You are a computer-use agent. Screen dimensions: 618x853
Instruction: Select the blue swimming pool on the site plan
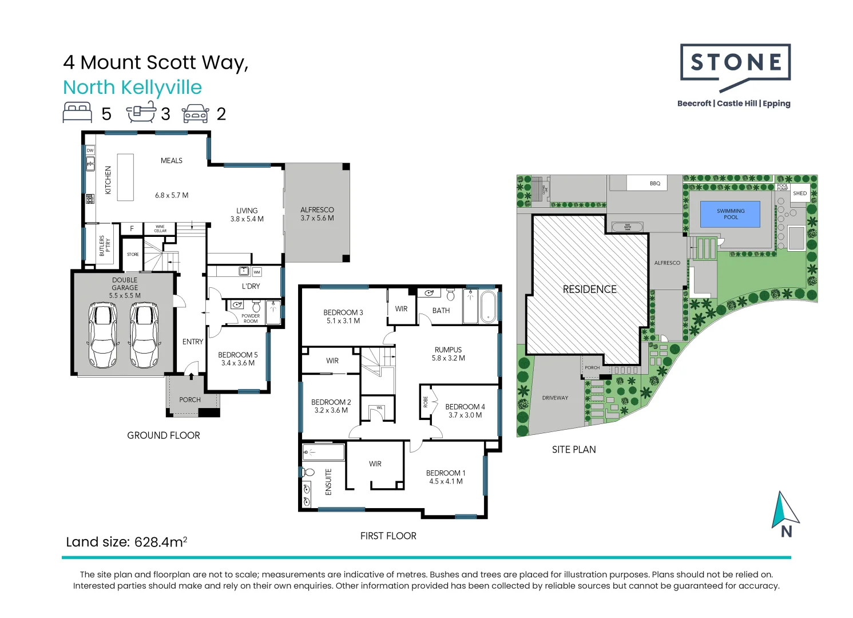(731, 214)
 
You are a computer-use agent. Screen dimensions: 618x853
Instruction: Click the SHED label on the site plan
(800, 193)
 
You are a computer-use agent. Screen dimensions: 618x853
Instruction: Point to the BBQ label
(655, 184)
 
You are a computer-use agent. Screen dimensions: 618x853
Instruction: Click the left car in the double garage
(103, 335)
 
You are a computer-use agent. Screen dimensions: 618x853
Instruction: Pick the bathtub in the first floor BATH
(488, 307)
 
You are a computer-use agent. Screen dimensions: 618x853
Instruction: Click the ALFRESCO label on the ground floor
(317, 210)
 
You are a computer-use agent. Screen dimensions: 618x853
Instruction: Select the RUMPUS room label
(448, 350)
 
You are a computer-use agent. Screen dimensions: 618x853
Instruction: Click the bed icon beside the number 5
(77, 113)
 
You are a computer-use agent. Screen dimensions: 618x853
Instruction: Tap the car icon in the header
(196, 113)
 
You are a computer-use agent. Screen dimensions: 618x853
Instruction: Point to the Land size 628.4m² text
(126, 542)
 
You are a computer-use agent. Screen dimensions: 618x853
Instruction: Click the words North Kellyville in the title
(132, 88)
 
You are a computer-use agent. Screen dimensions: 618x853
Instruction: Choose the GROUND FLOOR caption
(164, 435)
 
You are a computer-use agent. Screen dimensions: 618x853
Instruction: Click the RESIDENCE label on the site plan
(589, 290)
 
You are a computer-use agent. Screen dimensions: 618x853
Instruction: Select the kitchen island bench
(125, 177)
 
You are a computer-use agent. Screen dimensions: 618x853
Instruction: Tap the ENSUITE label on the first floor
(328, 482)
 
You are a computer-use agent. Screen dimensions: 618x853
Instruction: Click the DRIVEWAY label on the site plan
(555, 398)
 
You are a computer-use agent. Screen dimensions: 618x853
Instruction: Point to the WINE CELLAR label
(160, 229)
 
